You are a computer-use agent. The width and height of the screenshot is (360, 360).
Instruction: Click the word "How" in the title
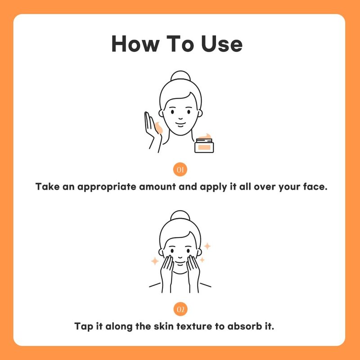(135, 44)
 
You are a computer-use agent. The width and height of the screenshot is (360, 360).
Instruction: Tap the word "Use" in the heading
(221, 44)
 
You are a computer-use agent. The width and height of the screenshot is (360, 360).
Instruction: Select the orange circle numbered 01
(180, 170)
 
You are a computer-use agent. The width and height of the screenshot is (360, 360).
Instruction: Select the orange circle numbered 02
(180, 309)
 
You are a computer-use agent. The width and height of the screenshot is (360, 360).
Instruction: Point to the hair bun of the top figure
(180, 76)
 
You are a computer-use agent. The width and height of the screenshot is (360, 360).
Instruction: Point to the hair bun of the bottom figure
(180, 216)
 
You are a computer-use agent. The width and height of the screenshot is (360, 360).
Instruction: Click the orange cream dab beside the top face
(159, 128)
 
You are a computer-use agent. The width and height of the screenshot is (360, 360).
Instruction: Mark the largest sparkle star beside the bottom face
(207, 246)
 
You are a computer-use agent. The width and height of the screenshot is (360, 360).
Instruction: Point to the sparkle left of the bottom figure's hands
(155, 261)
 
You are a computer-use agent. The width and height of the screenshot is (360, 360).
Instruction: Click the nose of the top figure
(180, 118)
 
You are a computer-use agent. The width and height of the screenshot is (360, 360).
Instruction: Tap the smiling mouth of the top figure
(180, 125)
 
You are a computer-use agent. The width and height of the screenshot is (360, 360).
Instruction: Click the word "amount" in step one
(157, 187)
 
